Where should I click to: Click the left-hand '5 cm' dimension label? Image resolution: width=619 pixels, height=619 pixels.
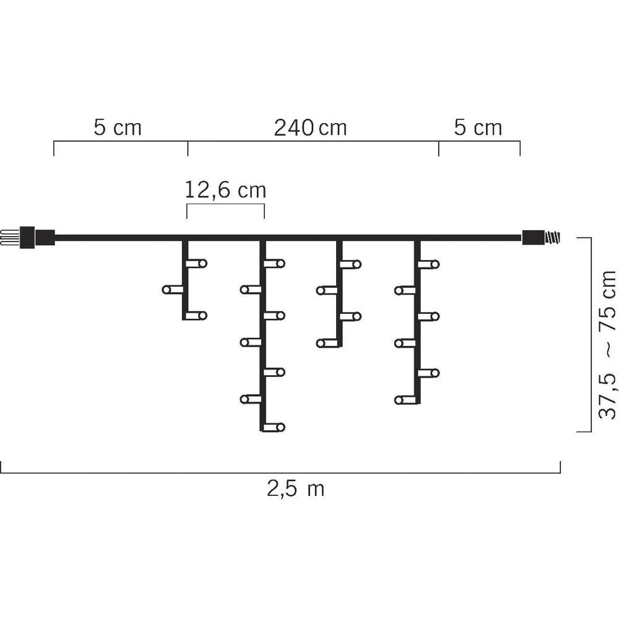click(118, 128)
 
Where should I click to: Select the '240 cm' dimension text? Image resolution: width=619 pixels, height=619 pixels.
click(310, 128)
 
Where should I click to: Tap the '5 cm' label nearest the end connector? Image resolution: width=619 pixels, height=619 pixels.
click(478, 128)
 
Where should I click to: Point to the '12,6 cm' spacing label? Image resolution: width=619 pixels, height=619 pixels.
click(226, 190)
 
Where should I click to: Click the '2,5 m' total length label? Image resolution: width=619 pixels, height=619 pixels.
click(296, 489)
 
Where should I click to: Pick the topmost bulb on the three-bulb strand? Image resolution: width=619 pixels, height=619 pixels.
click(197, 264)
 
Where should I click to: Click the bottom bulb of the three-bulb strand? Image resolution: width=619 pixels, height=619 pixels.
click(197, 316)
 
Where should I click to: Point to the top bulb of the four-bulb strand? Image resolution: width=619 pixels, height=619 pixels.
click(350, 264)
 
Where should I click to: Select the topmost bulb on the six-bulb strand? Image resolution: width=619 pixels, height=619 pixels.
click(428, 264)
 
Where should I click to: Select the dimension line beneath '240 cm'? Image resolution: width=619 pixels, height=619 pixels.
click(313, 141)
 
